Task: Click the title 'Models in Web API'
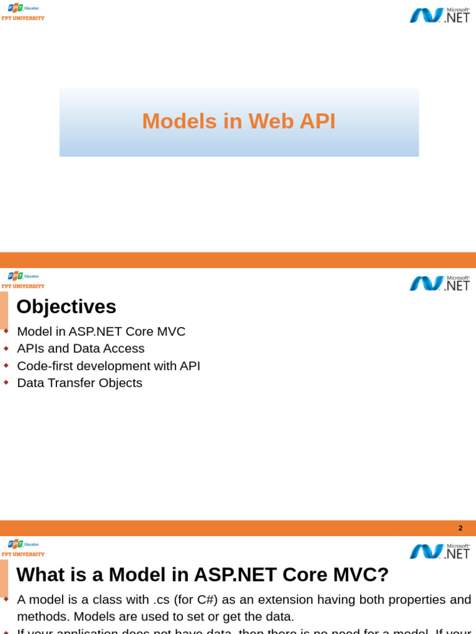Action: click(239, 121)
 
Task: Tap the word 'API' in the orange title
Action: click(317, 121)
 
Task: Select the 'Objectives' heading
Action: click(66, 306)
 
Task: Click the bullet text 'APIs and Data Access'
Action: click(81, 349)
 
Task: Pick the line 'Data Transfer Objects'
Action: click(79, 383)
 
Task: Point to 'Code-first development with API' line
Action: click(108, 366)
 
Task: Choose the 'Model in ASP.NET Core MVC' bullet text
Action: click(101, 331)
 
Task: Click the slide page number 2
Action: click(461, 528)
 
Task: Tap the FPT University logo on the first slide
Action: click(23, 12)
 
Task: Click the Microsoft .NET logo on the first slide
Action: click(439, 15)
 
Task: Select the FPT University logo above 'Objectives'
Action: click(23, 280)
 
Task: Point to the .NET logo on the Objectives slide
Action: click(439, 283)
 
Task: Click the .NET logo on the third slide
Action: click(439, 551)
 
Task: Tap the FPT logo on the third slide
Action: click(23, 549)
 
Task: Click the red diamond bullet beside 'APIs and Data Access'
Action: click(6, 349)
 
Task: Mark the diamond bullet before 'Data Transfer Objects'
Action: click(6, 383)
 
